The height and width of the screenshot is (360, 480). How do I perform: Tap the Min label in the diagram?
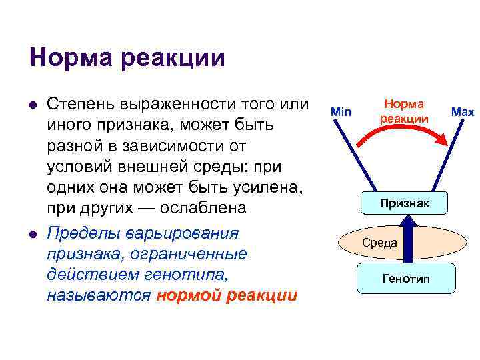click(x=341, y=112)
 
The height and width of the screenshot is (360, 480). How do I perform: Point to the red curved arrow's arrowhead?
click(x=441, y=141)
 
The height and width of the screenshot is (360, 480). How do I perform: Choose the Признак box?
click(x=404, y=202)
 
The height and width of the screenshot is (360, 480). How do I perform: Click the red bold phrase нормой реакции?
click(x=227, y=295)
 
